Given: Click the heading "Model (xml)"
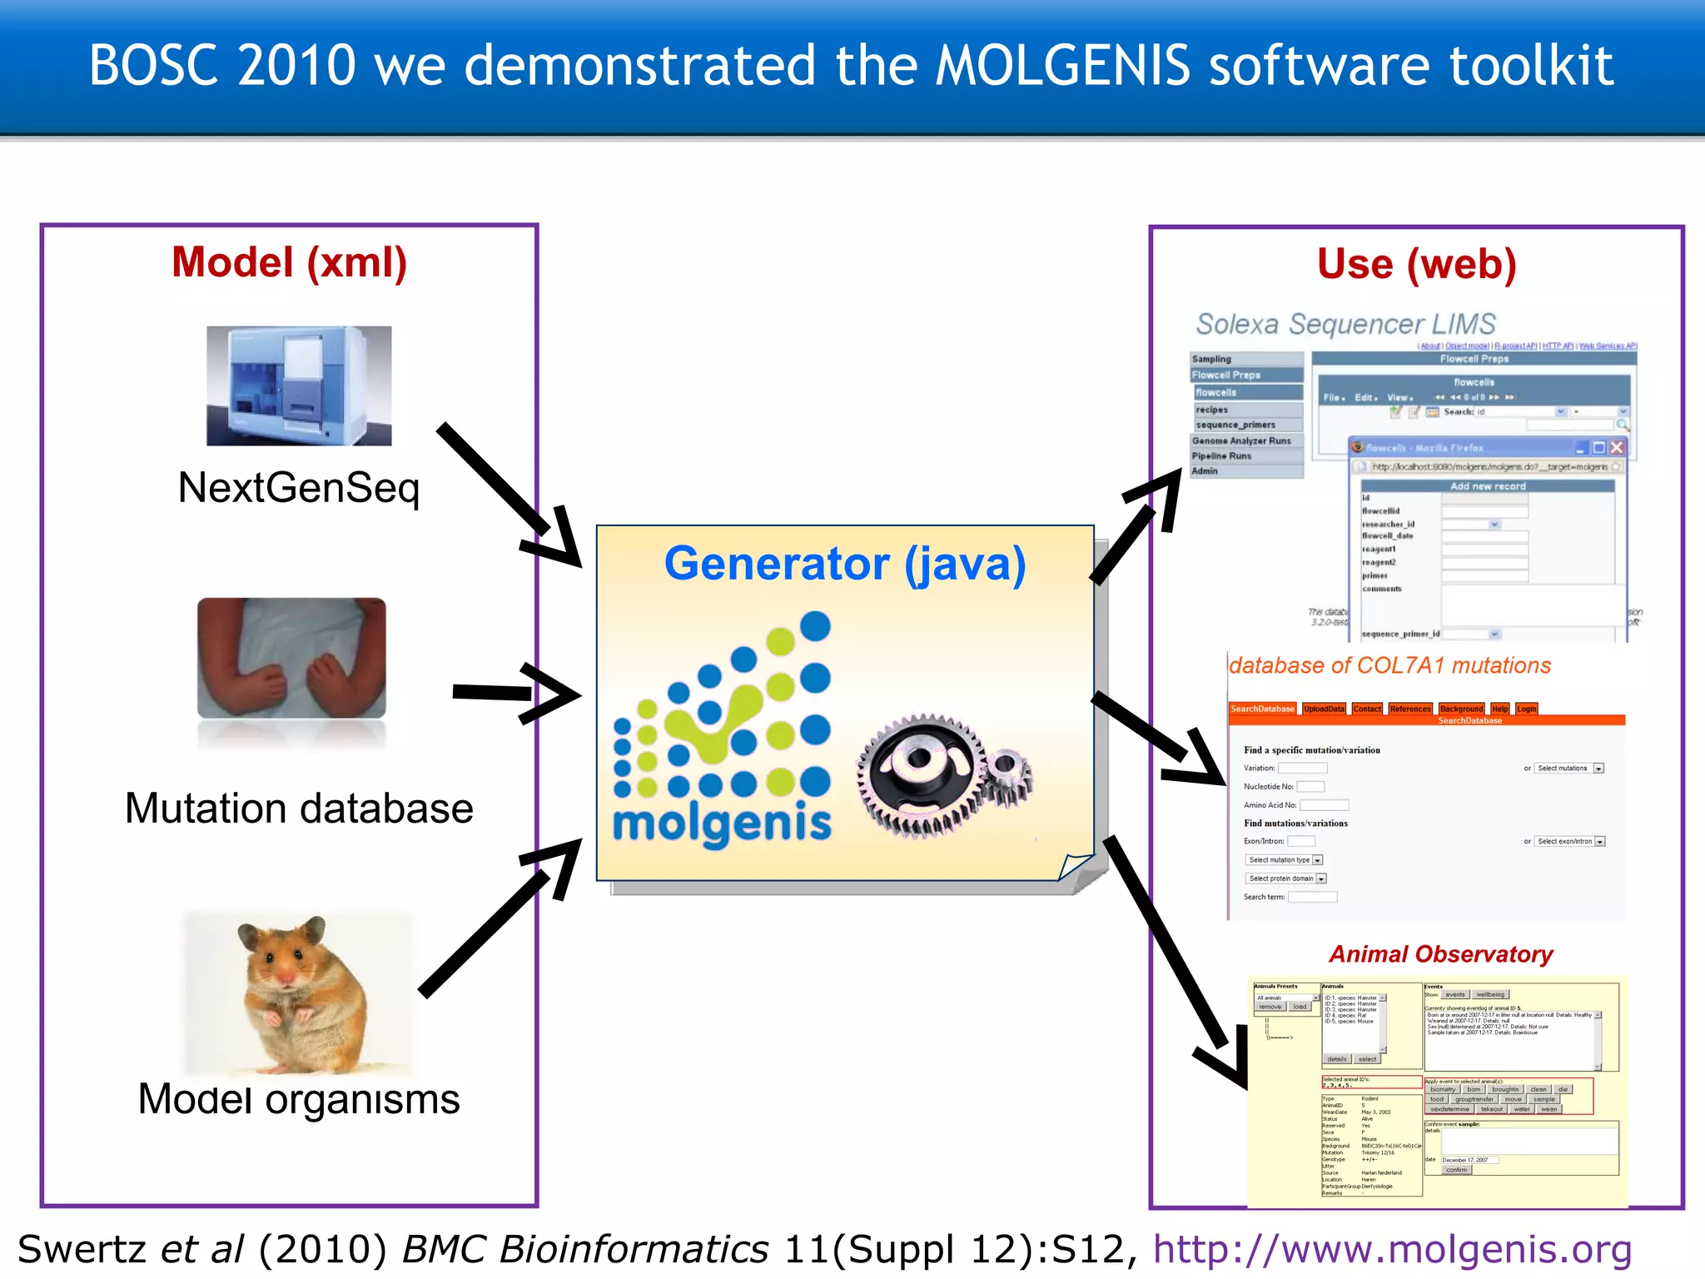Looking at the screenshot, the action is pos(289,263).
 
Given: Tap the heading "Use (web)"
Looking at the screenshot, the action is pos(1416,265).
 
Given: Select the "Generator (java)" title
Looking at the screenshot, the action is pos(844,564).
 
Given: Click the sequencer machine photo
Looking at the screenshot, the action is pos(299,386).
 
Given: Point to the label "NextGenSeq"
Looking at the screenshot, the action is pos(298,488).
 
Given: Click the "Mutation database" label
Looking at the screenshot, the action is pos(299,809).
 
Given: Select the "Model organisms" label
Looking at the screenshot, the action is pos(298,1099).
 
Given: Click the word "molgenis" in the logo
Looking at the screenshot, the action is pos(722,824).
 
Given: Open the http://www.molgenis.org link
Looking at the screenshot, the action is pos(1392,1250).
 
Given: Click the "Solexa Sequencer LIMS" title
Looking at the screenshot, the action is pos(1345,324).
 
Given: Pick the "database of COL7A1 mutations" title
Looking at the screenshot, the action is pos(1389,666).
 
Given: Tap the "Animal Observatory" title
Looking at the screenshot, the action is pos(1440,954).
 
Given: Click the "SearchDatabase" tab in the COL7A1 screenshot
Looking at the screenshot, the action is pos(1262,709).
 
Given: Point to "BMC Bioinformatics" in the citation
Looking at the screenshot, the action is pos(585,1250).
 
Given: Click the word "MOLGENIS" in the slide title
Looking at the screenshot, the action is pos(1062,66).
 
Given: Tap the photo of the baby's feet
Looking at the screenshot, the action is pos(291,658).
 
